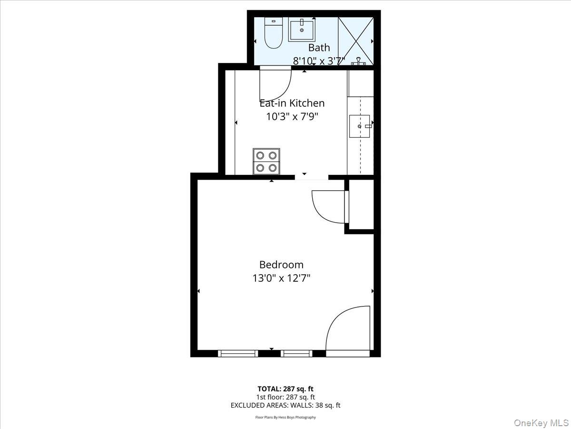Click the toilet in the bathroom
point(273,34)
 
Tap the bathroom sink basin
point(301,30)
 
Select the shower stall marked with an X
point(355,40)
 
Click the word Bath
point(319,48)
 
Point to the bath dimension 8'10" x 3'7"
point(319,61)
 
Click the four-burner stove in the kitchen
point(266,161)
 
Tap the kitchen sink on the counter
point(360,126)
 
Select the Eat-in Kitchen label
point(292,103)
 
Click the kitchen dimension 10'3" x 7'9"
point(292,116)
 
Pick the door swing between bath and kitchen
point(276,84)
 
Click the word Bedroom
point(281,265)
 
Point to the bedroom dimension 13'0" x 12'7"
point(281,278)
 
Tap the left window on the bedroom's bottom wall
point(238,353)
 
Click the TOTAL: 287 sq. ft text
point(285,389)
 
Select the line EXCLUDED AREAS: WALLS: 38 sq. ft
point(285,406)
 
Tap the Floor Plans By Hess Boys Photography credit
point(285,418)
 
